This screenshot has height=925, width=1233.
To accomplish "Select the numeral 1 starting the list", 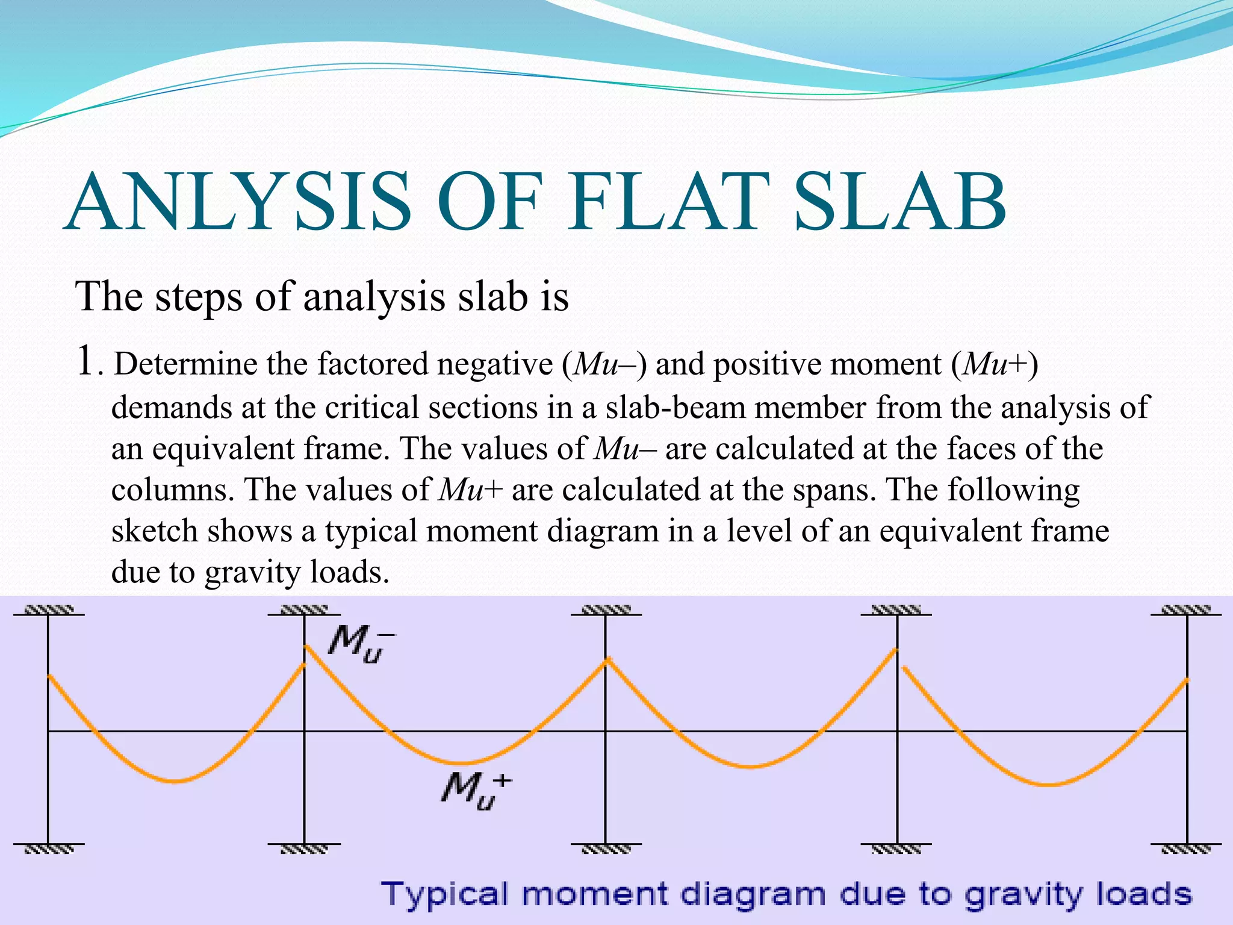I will (85, 363).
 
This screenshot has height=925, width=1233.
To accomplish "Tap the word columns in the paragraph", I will (171, 490).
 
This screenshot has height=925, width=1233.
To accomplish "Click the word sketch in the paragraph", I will (155, 531).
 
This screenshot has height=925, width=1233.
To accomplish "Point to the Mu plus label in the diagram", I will (475, 790).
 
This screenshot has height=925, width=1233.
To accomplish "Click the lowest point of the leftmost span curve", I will (176, 782).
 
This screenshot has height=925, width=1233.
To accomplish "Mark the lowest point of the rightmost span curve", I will (1049, 785).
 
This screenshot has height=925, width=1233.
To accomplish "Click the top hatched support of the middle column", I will (606, 610).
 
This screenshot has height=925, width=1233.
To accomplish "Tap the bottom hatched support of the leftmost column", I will (48, 849).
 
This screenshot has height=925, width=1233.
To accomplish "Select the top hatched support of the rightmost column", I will (1187, 610).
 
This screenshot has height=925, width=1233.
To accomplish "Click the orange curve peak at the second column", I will (306, 646).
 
